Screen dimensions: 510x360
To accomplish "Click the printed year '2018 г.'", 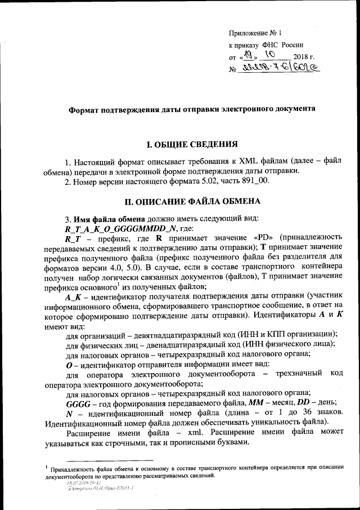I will coord(304,57).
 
